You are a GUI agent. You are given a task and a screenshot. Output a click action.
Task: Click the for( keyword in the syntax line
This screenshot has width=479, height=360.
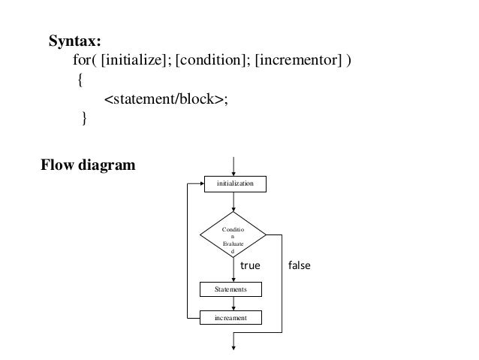(x=86, y=60)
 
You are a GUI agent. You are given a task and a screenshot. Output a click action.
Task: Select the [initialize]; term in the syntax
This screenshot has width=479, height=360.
(x=137, y=60)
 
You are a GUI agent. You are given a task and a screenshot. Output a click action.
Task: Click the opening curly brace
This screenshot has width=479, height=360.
(x=81, y=80)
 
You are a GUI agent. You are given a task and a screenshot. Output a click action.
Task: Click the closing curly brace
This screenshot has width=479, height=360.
(x=84, y=118)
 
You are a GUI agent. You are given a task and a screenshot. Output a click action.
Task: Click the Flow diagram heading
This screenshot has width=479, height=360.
(x=89, y=165)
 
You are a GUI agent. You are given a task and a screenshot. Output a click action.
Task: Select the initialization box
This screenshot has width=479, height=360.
(x=235, y=183)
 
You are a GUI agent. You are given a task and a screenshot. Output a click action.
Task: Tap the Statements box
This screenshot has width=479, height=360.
(x=235, y=289)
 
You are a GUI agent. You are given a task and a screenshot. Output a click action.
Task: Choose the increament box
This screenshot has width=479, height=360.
(x=235, y=319)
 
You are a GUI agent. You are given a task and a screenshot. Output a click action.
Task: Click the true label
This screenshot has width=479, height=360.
(x=249, y=266)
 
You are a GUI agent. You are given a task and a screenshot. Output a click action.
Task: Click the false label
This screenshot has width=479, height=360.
(x=297, y=266)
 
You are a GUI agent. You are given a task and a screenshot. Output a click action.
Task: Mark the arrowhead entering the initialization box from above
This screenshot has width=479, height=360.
(x=235, y=173)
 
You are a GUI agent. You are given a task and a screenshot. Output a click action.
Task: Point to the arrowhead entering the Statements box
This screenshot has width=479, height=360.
(x=235, y=279)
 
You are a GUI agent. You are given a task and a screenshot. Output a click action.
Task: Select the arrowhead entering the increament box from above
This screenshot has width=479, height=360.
(x=235, y=308)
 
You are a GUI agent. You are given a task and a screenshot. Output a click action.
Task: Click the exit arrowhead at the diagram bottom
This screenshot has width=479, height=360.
(x=235, y=346)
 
